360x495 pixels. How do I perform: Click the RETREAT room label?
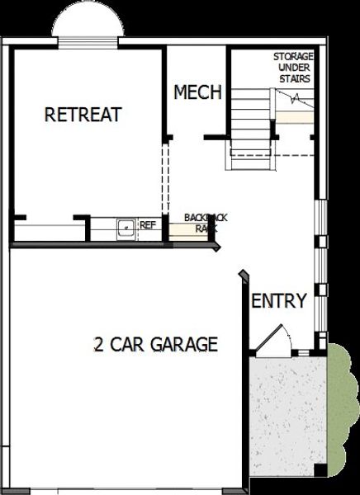pos(83,115)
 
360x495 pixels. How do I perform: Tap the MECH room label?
pos(197,92)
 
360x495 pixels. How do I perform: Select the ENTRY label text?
pos(279,301)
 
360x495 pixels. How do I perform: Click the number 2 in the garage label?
pos(99,344)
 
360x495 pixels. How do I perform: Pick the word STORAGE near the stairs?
pos(293,57)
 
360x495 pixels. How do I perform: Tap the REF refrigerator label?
pos(148,224)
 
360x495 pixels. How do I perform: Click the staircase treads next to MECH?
pos(249,124)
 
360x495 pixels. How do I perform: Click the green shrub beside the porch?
pos(342,404)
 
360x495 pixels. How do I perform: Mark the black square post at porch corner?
pos(320,470)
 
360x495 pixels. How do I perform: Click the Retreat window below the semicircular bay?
pos(89,41)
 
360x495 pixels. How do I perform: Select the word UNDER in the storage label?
pos(293,68)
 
